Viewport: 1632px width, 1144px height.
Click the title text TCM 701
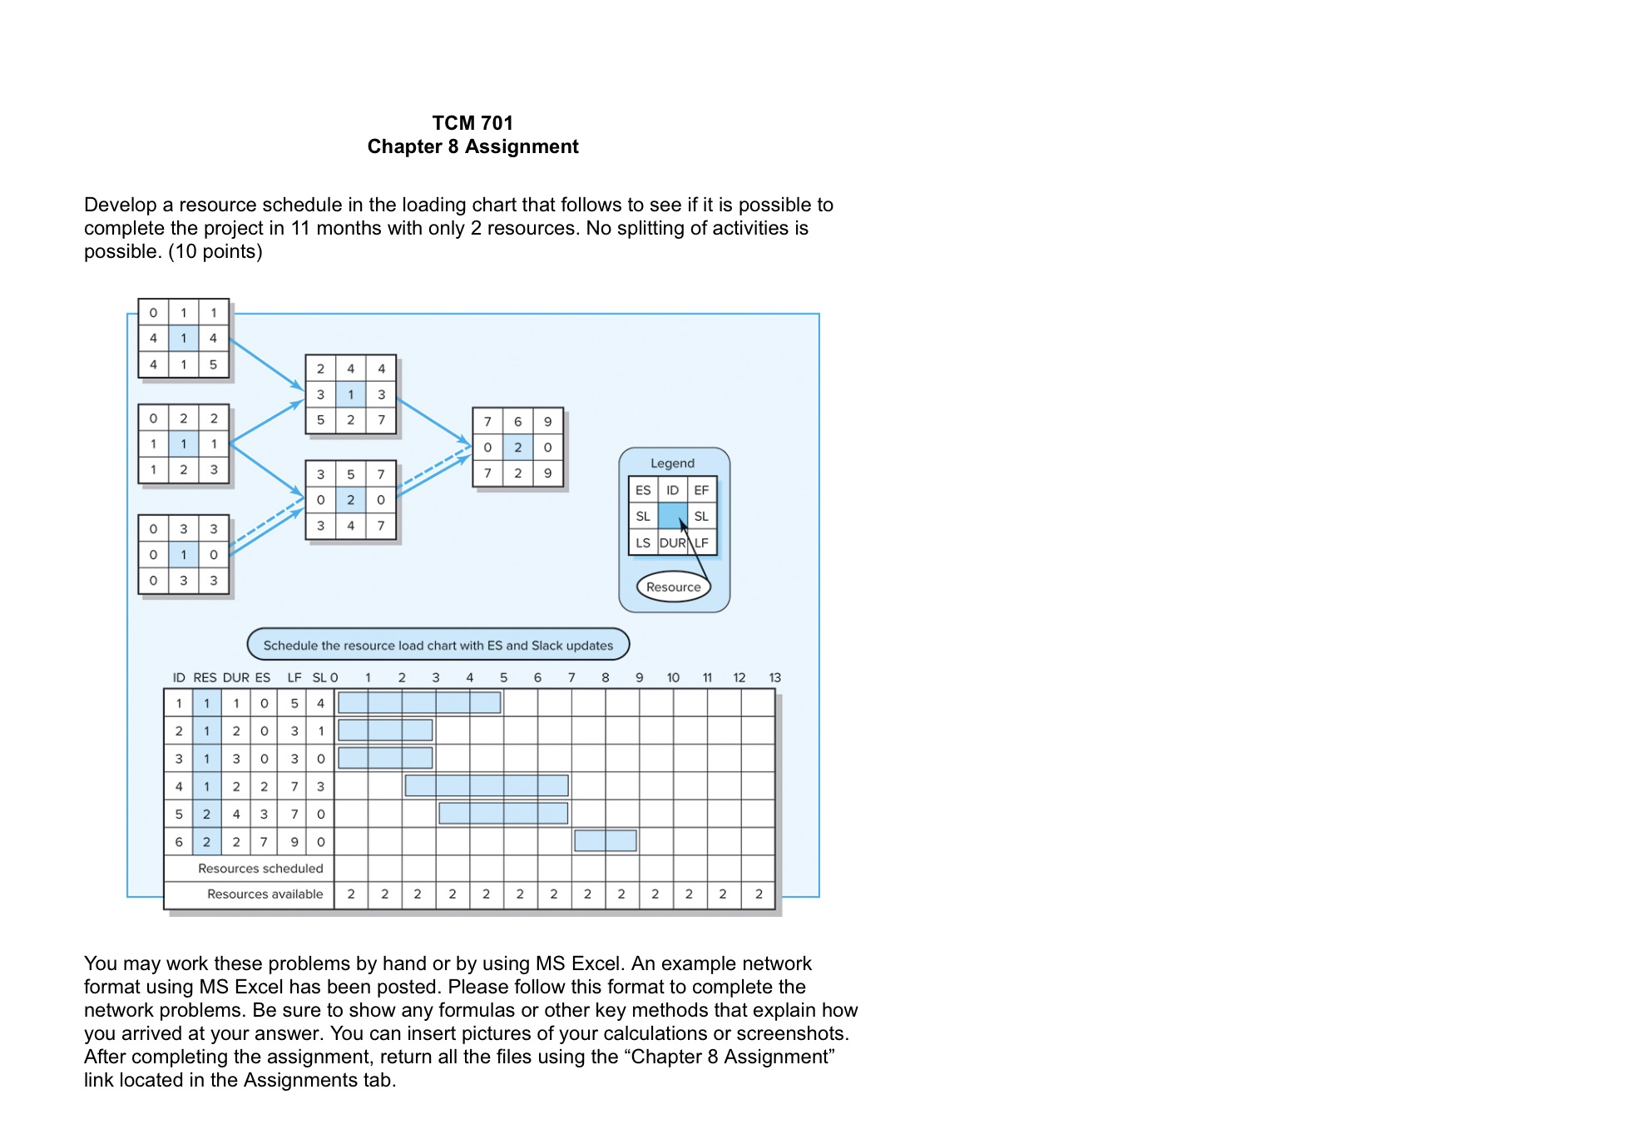(x=472, y=123)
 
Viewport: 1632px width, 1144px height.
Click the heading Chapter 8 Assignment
(x=472, y=146)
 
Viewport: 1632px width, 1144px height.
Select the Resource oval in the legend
(x=673, y=587)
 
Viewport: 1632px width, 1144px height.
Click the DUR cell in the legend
(x=672, y=542)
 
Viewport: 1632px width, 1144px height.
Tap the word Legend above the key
(x=672, y=463)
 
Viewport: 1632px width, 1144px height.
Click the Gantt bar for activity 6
(x=605, y=840)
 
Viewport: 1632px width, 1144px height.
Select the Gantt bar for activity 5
(x=503, y=813)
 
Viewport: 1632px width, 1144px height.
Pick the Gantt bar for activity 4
(x=487, y=785)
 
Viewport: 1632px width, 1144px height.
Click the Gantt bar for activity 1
(x=419, y=702)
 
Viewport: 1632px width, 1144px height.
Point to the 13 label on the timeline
(x=774, y=677)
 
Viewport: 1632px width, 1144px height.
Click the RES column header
(x=205, y=677)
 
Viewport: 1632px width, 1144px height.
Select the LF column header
(x=294, y=677)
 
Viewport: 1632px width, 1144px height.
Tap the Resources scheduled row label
(x=260, y=868)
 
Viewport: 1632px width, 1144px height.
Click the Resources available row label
(x=265, y=894)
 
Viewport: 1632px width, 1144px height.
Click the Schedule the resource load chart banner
(x=438, y=645)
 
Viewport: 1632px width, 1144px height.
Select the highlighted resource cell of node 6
(x=517, y=447)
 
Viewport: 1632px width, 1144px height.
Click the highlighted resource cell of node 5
(x=350, y=499)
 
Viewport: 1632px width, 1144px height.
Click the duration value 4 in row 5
(x=236, y=814)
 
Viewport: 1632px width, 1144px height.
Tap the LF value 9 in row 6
(x=294, y=841)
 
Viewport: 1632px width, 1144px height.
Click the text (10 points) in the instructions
(x=215, y=251)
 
